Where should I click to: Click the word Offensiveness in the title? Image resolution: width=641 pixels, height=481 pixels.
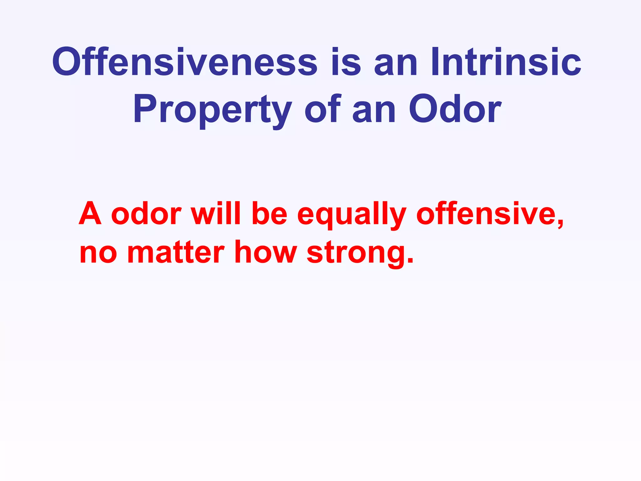[x=185, y=62]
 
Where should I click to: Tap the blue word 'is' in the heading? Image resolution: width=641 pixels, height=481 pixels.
[x=346, y=62]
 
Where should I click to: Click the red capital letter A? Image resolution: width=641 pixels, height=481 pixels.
[x=90, y=214]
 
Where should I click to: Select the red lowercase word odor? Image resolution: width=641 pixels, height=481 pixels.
[x=146, y=214]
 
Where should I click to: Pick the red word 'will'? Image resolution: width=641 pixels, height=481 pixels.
[x=216, y=214]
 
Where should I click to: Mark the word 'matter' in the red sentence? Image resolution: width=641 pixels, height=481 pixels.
[x=176, y=252]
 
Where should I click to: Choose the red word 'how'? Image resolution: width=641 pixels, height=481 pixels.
[x=265, y=252]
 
